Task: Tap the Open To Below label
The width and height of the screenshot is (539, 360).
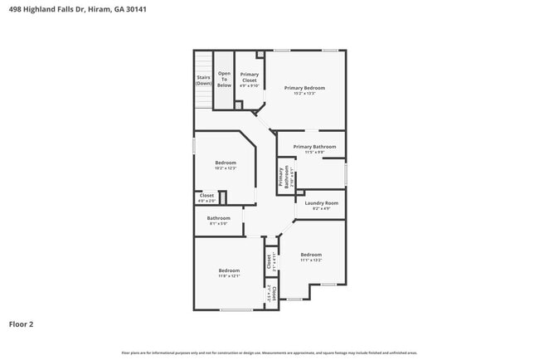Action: [x=225, y=78]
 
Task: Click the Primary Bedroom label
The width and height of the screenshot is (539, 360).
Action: [x=304, y=87]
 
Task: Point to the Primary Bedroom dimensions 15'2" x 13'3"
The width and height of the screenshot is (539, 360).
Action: [x=304, y=93]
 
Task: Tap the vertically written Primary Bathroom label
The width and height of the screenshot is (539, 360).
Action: [x=283, y=178]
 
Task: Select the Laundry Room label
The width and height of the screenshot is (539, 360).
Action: [x=321, y=203]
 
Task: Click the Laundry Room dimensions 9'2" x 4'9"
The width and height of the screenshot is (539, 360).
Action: [x=321, y=208]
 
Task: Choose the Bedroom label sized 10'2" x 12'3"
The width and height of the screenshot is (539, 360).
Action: [x=226, y=163]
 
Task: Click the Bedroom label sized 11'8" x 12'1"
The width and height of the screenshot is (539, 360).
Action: [x=230, y=270]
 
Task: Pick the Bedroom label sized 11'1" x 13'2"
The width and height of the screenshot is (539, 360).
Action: [x=311, y=254]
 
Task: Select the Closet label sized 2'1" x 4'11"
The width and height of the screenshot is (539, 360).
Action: [x=269, y=262]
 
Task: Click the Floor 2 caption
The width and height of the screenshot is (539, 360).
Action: [x=22, y=324]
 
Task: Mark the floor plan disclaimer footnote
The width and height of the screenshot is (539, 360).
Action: [x=269, y=353]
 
